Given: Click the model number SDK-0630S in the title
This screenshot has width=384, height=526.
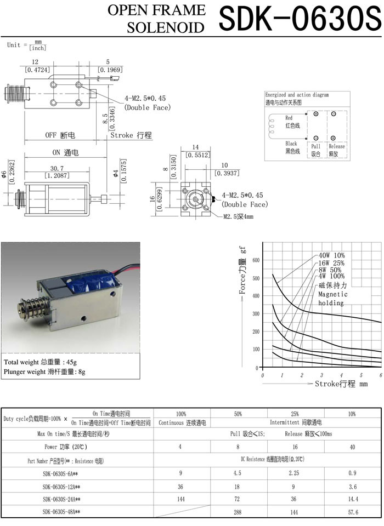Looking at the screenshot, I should [298, 19].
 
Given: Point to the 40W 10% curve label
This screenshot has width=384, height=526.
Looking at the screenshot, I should [331, 255].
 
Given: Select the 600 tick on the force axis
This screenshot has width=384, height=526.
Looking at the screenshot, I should [255, 260].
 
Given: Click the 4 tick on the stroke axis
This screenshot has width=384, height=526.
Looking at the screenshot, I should [341, 375].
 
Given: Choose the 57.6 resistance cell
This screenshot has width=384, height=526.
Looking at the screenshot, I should [353, 512].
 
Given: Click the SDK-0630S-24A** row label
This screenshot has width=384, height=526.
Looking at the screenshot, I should [61, 499].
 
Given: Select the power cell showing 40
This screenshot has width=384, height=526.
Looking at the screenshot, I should [353, 447].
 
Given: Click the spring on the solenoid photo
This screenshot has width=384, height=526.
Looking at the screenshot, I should [32, 310].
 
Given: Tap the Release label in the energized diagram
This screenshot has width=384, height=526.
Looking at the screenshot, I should [336, 146].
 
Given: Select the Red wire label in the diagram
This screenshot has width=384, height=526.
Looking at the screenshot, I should [289, 118].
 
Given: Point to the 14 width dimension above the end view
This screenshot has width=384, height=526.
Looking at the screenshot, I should [195, 147].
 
